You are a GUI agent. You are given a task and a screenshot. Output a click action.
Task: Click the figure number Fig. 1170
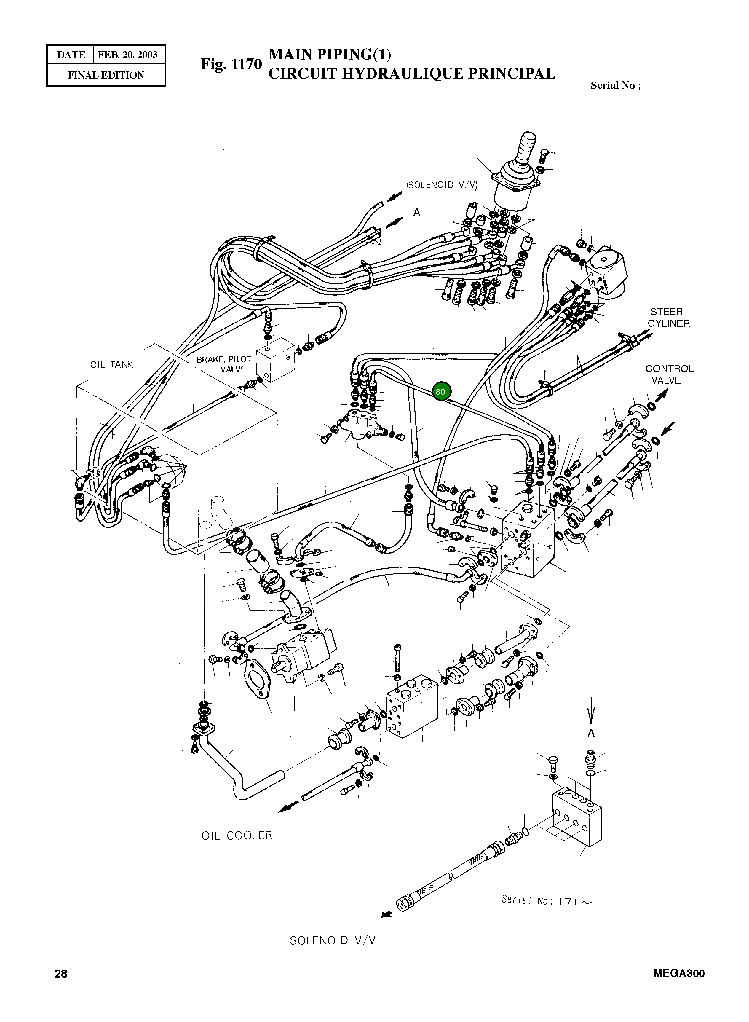[x=231, y=64]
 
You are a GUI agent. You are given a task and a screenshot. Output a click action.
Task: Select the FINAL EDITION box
[x=106, y=75]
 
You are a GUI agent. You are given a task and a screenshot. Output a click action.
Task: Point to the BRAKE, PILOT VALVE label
[x=224, y=364]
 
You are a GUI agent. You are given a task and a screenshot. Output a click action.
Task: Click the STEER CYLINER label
[x=668, y=317]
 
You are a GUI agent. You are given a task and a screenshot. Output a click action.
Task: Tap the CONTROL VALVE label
[x=669, y=374]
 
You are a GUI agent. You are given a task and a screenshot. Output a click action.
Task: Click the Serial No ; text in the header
[x=615, y=86]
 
